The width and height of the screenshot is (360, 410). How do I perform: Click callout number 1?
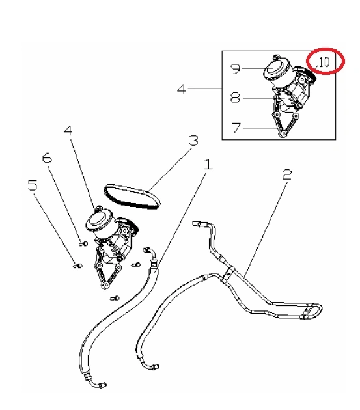pyautogui.click(x=208, y=165)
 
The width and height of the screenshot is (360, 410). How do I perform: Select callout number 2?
pyautogui.click(x=287, y=174)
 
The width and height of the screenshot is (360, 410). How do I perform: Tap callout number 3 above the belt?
pyautogui.click(x=193, y=141)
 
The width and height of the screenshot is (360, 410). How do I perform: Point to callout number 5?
pyautogui.click(x=33, y=185)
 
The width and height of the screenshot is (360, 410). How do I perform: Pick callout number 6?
pyautogui.click(x=47, y=158)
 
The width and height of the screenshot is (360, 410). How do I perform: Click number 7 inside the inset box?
pyautogui.click(x=236, y=128)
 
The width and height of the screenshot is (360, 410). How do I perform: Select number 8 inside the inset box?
pyautogui.click(x=235, y=98)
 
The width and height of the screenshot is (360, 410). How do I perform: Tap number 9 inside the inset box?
pyautogui.click(x=235, y=69)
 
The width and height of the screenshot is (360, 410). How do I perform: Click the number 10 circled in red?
pyautogui.click(x=324, y=62)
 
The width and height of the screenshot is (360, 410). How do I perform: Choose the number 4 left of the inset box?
pyautogui.click(x=182, y=89)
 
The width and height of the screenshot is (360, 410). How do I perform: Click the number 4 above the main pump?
pyautogui.click(x=68, y=130)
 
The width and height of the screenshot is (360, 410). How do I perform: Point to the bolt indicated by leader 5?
pyautogui.click(x=77, y=266)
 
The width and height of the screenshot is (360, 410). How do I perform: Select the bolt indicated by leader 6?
pyautogui.click(x=83, y=243)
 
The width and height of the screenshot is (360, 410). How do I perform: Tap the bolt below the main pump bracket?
pyautogui.click(x=115, y=298)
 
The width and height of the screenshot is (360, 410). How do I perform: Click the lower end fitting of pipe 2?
pyautogui.click(x=155, y=366)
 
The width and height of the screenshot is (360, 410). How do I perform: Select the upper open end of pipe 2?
pyautogui.click(x=196, y=224)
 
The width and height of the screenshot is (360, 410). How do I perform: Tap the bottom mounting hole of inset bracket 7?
pyautogui.click(x=284, y=135)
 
